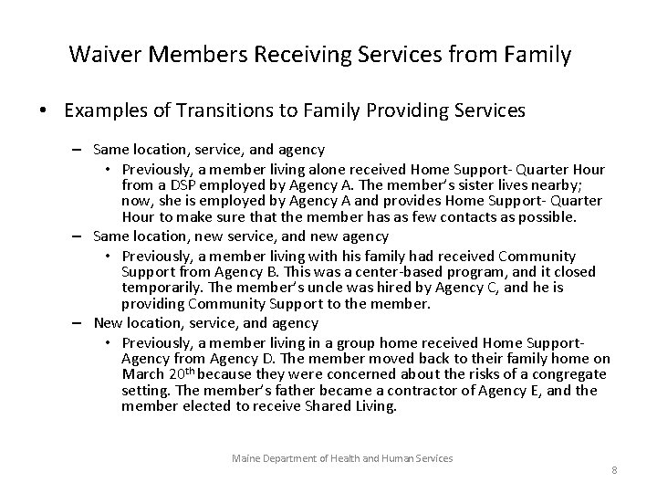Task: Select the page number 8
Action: coord(614,470)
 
